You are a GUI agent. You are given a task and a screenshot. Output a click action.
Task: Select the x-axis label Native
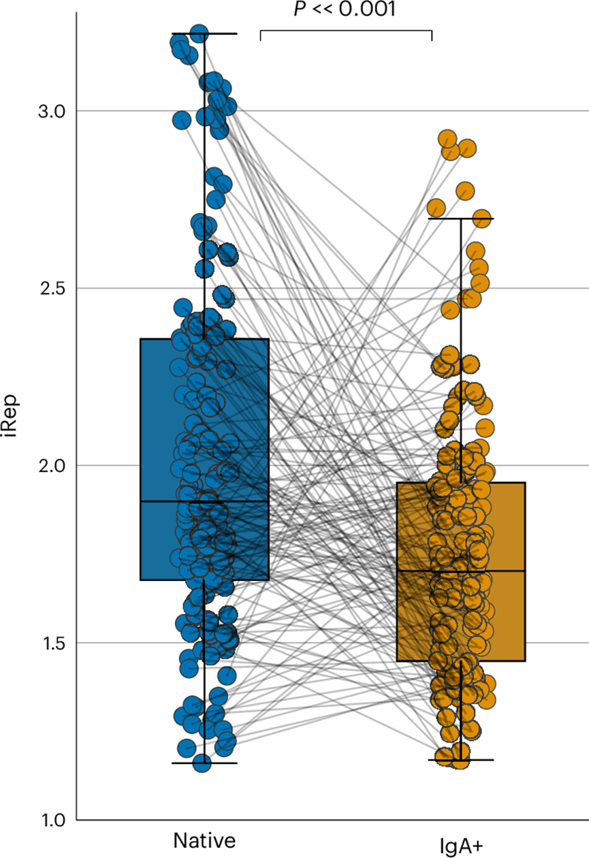pos(204,840)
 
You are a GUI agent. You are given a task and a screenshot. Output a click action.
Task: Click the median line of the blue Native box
pos(204,501)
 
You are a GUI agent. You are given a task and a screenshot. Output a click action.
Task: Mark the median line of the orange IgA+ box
pos(461,571)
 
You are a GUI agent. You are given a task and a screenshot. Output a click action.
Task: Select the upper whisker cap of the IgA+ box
pos(461,219)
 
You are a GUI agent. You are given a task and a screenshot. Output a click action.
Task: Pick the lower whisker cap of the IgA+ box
pos(461,759)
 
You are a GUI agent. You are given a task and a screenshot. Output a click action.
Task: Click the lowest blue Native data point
pos(202,763)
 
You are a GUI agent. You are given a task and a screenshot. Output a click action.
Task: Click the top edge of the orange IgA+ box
pos(461,483)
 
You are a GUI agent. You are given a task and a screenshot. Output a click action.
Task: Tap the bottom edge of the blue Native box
pos(204,579)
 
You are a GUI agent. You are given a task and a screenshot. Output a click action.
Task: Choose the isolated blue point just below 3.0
pos(182,121)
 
